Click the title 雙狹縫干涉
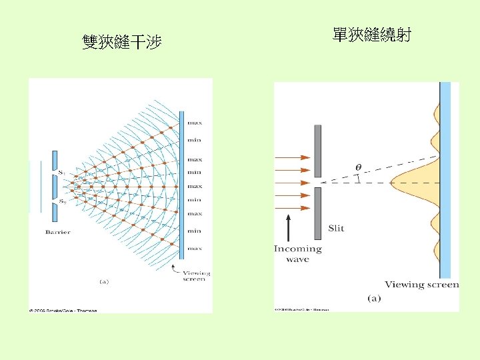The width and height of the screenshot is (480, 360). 121,43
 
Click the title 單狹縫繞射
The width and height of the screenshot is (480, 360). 371,34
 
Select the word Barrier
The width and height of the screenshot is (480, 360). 58,232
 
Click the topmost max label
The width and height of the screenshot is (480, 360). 195,123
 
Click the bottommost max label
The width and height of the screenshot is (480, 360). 195,248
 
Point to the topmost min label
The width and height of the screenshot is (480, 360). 195,140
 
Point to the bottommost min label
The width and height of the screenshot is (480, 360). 195,231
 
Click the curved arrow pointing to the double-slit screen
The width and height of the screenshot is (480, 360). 175,267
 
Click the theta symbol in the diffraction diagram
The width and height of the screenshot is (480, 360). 359,167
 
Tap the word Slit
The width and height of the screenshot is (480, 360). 336,229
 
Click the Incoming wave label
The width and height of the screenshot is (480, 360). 298,253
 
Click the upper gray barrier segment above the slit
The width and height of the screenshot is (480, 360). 318,151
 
